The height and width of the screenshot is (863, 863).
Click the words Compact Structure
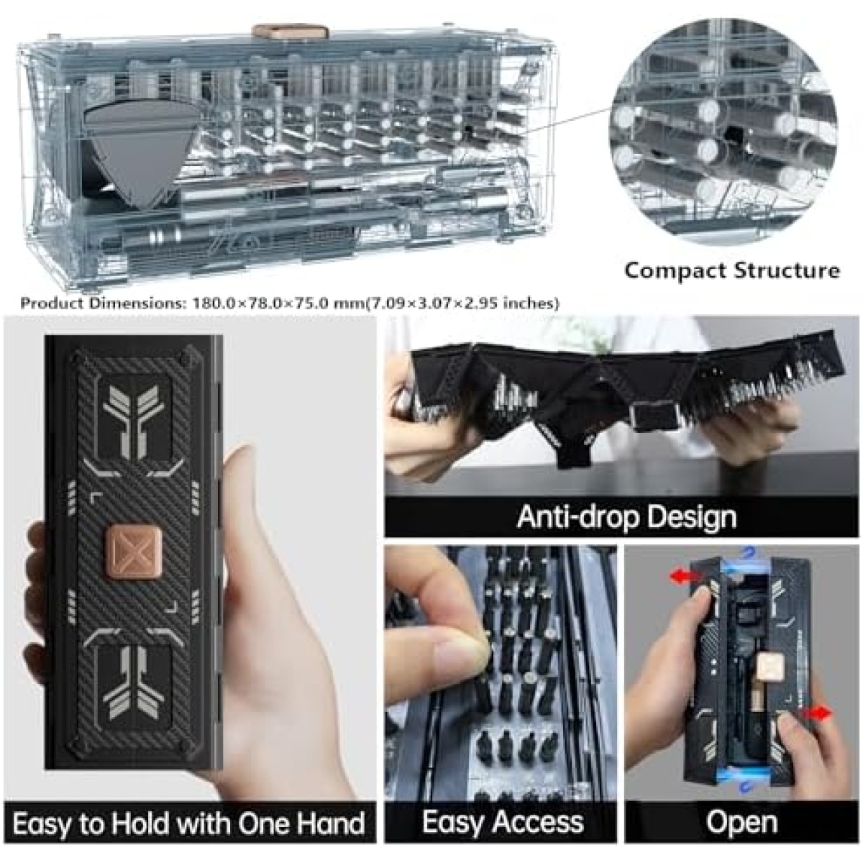click(x=732, y=270)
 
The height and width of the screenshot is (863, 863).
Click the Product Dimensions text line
click(x=290, y=303)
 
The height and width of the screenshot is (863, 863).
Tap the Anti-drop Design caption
click(x=626, y=517)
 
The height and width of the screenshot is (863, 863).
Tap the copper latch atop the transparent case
click(x=291, y=32)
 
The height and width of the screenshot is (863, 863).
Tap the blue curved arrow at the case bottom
click(x=745, y=798)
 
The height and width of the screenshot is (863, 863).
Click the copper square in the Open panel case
click(x=769, y=667)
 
